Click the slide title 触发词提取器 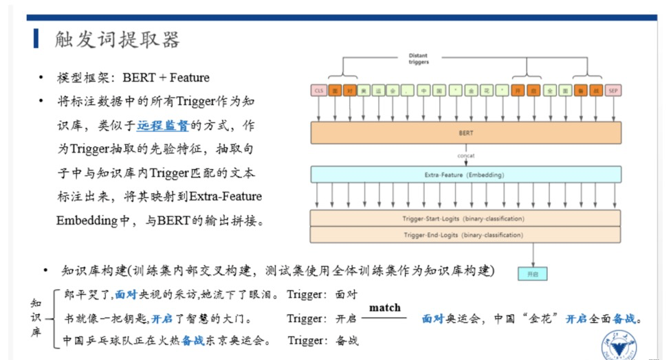click(118, 39)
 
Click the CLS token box click(318, 91)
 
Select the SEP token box click(615, 91)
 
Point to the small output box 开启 click(532, 273)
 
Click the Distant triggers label click(418, 58)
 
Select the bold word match click(384, 307)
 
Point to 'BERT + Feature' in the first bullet click(166, 78)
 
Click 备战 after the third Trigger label click(346, 340)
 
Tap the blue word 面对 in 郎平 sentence click(126, 294)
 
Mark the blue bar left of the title click(36, 38)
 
